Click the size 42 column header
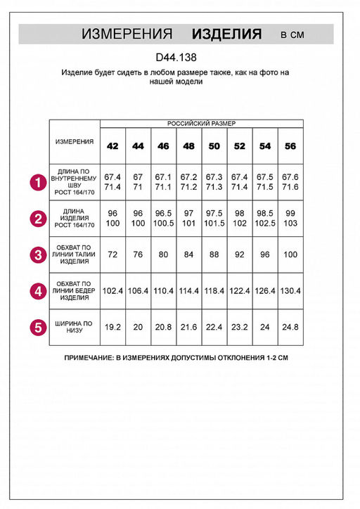coord(112,146)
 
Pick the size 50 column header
coord(214,146)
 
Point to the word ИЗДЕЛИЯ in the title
coord(226,34)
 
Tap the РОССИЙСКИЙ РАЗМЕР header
coord(201,123)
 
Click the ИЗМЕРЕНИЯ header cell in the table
coord(75,141)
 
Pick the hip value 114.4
coord(188,290)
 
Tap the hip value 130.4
coord(290,290)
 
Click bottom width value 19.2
coord(112,327)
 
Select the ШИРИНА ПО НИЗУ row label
coord(74,327)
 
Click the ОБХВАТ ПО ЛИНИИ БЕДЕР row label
coord(74,290)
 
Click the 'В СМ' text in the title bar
coord(292,34)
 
